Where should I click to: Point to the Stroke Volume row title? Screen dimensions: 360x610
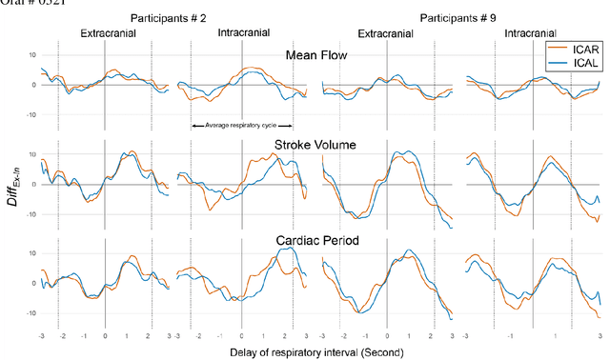click(x=314, y=144)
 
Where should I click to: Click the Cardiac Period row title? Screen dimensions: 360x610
click(x=314, y=241)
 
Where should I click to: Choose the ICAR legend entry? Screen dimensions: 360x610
click(x=582, y=48)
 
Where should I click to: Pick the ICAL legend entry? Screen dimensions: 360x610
click(x=582, y=62)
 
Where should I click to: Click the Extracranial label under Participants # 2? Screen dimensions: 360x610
click(x=108, y=33)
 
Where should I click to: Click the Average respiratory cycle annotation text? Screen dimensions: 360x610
click(x=242, y=126)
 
